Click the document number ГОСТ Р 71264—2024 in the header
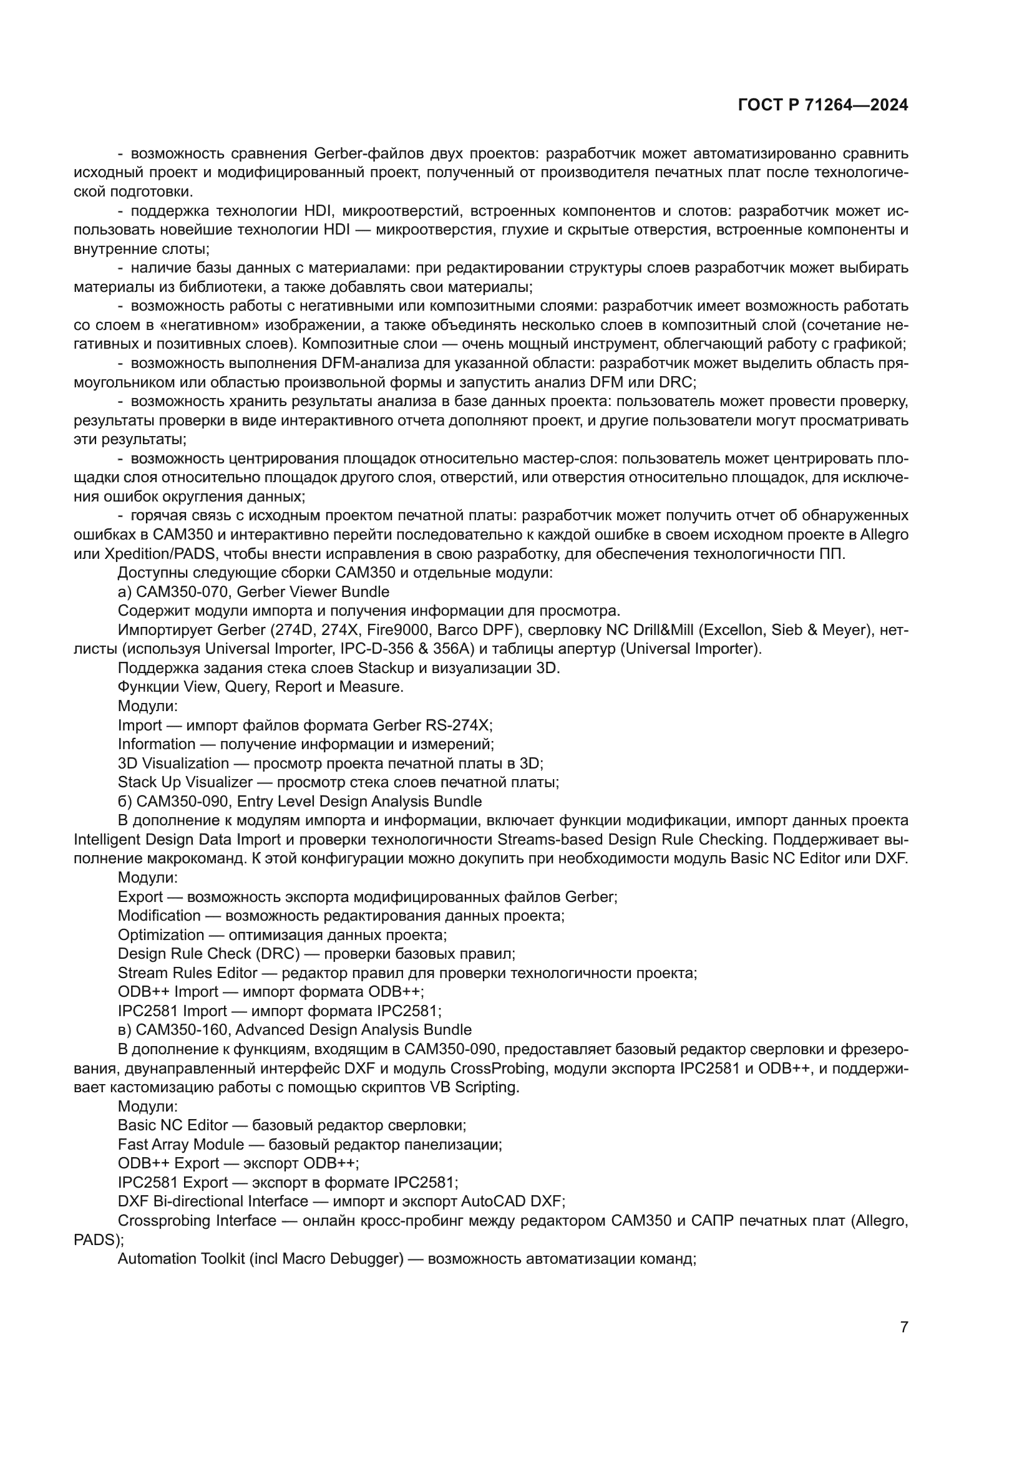[x=823, y=105]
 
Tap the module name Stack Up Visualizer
[x=185, y=782]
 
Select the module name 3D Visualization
[x=173, y=763]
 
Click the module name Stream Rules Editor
[x=187, y=973]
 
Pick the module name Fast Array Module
[x=180, y=1145]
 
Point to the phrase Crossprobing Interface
[x=197, y=1221]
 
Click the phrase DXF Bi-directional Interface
[x=213, y=1201]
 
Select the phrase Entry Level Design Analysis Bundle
[x=359, y=802]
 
